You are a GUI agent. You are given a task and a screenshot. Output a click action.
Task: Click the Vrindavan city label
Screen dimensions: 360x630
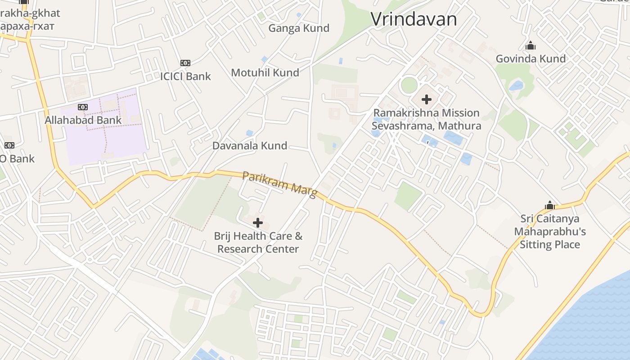(414, 19)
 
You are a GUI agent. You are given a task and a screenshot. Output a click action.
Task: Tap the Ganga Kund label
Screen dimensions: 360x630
(299, 28)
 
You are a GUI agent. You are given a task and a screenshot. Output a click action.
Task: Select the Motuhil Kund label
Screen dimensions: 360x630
(265, 72)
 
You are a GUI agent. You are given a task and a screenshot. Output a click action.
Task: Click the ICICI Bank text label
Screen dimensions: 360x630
(185, 76)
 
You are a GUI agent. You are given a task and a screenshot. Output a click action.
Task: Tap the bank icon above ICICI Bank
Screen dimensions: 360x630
(185, 63)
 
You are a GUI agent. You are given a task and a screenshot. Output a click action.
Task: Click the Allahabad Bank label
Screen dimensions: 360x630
(83, 120)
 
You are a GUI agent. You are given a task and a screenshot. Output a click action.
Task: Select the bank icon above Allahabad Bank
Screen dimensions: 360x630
(82, 107)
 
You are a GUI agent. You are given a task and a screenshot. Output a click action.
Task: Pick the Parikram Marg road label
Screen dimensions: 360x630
(279, 184)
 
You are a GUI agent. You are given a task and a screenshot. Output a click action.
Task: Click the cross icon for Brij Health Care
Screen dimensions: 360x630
(258, 222)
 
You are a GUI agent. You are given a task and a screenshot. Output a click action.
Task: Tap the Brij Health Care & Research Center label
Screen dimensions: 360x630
(258, 243)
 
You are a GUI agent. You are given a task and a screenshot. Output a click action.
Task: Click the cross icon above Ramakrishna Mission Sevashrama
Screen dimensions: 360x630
(427, 99)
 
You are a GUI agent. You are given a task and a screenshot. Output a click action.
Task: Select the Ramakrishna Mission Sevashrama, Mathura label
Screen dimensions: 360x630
(426, 119)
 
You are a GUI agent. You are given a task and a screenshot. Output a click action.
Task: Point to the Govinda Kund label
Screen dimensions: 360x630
(531, 59)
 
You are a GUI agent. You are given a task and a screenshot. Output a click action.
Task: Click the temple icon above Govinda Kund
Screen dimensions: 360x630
(531, 46)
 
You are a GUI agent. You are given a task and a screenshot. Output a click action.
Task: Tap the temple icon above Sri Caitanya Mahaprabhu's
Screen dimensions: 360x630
(549, 206)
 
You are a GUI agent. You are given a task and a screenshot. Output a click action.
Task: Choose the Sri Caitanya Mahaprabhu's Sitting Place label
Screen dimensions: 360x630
(549, 232)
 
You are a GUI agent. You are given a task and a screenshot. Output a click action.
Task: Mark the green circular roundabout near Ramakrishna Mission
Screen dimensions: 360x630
(409, 85)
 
